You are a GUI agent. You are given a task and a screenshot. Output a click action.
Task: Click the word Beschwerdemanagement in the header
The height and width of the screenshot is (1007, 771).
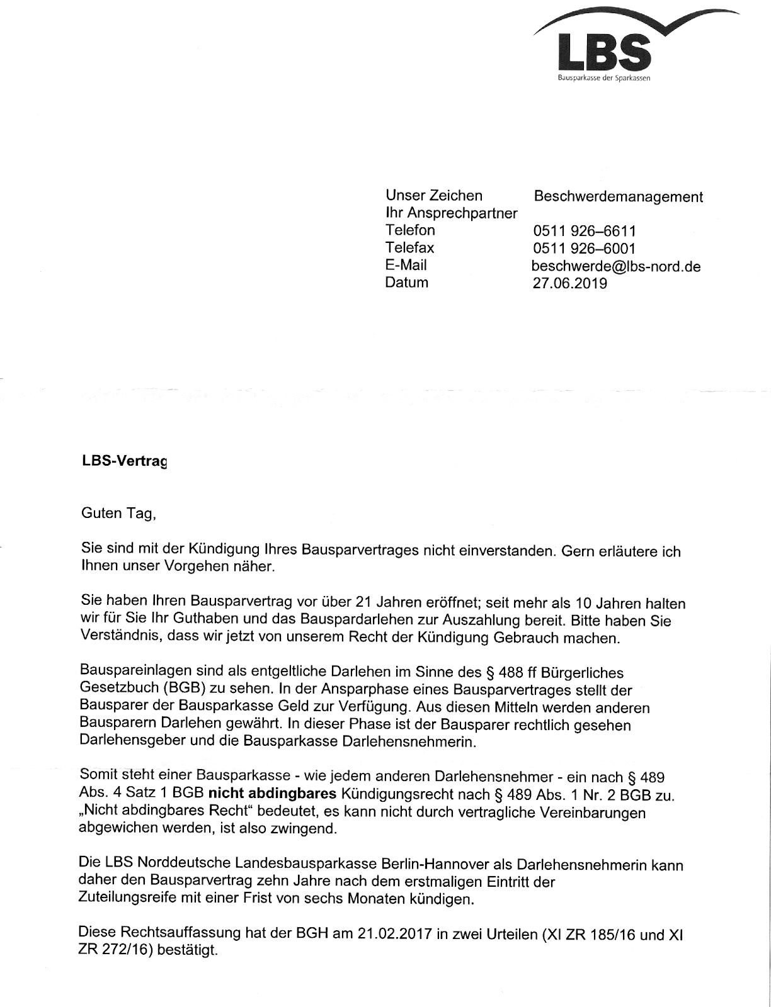618,197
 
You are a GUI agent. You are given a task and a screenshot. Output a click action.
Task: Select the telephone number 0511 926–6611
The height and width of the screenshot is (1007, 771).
585,232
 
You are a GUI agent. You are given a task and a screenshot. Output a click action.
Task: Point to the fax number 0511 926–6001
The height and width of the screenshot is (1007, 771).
585,249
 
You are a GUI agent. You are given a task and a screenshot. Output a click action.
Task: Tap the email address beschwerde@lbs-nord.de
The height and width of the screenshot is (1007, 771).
616,266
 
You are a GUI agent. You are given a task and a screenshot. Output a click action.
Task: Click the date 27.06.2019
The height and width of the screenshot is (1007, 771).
570,283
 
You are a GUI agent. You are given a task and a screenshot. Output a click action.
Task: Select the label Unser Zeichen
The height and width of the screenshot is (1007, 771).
434,196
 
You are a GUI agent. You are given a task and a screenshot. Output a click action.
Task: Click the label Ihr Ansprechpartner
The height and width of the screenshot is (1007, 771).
451,213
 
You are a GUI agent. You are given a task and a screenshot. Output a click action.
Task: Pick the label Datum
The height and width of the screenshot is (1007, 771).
406,283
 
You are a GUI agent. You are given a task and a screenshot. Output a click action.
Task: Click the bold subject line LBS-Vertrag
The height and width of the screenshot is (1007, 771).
124,461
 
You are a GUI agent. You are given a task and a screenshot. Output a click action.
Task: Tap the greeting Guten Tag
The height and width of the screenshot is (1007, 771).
117,514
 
